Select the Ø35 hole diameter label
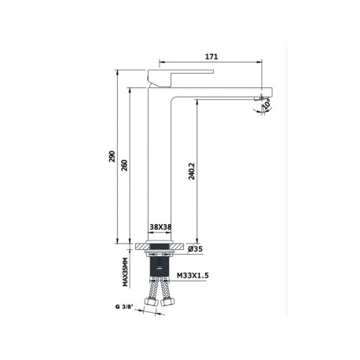(197, 248)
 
